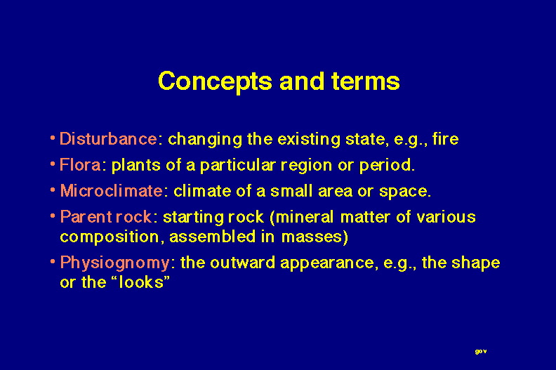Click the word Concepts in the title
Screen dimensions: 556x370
pyautogui.click(x=215, y=82)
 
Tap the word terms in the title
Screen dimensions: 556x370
pyautogui.click(x=366, y=81)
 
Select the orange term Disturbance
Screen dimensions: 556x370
pyautogui.click(x=108, y=139)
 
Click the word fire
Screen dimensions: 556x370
pyautogui.click(x=445, y=139)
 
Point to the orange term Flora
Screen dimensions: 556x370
pyautogui.click(x=80, y=165)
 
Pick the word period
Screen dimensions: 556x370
pyautogui.click(x=387, y=166)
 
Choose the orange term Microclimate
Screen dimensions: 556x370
pyautogui.click(x=112, y=191)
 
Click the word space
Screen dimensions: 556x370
pyautogui.click(x=404, y=192)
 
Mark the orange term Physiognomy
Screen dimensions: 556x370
pyautogui.click(x=115, y=263)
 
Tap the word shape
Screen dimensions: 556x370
pyautogui.click(x=475, y=263)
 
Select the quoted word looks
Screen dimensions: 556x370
pyautogui.click(x=141, y=282)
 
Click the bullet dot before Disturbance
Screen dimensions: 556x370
pyautogui.click(x=53, y=138)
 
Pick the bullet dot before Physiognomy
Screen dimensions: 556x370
pyautogui.click(x=53, y=261)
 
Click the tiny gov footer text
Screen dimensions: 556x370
pyautogui.click(x=481, y=351)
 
